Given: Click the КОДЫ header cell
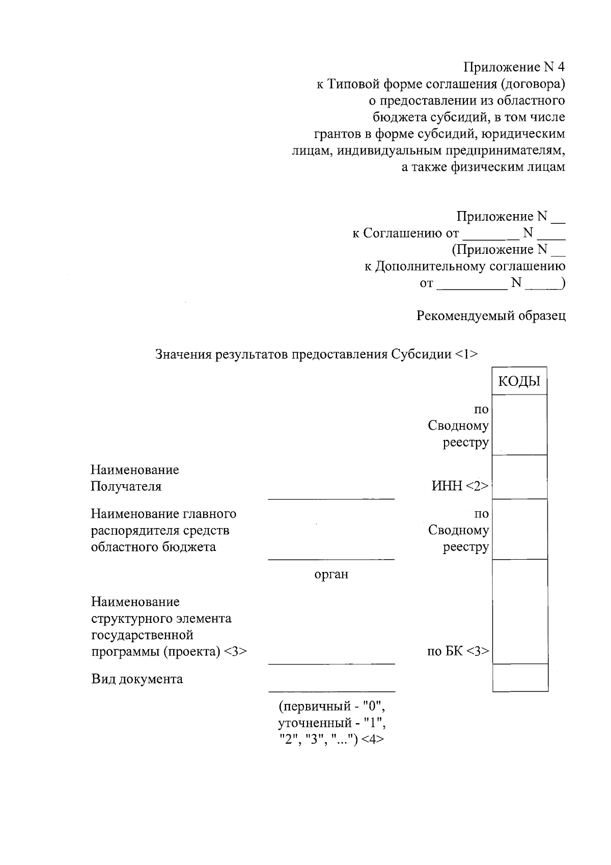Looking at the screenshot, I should pos(519,381).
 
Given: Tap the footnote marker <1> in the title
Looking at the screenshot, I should pos(466,354).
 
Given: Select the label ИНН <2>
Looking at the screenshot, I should pos(460,486).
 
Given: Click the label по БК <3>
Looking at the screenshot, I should pos(458,651).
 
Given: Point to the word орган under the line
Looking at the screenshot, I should pos(331,574).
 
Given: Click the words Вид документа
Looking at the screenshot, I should pos(137,679).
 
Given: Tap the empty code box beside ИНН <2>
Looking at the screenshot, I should pos(520,477).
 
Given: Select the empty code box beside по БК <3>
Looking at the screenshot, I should pos(520,612).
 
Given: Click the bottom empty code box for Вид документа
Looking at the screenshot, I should pos(520,678).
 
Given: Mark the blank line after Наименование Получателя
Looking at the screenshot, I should pos(331,498).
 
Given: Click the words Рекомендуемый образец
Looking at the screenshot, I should pos(491,316).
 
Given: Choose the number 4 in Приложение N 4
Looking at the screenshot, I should pos(561,67).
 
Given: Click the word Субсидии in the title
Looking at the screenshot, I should pos(421,354).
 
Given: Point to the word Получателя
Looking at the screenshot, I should pos(126,486).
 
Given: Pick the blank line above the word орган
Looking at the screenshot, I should pos(331,559).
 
